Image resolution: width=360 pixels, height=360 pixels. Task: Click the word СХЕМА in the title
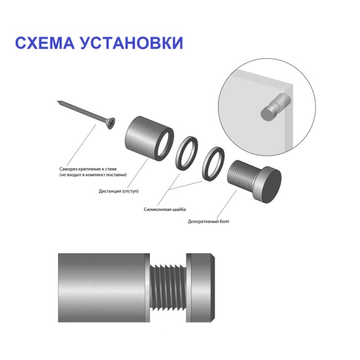44,43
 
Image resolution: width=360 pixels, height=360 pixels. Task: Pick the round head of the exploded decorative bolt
268,185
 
